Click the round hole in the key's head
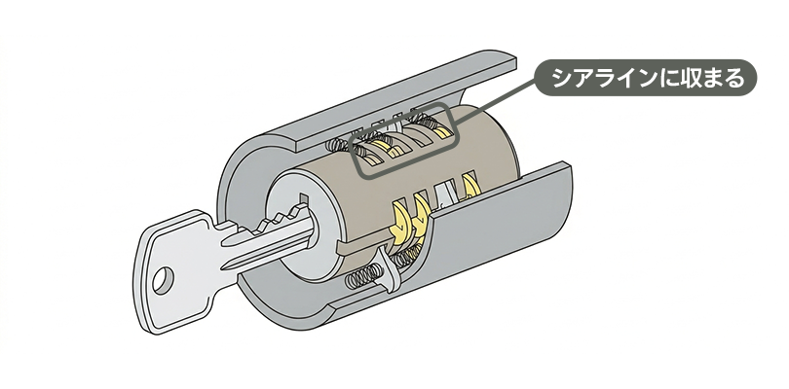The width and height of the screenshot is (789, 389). pos(163,280)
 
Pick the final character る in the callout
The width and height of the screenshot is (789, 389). pos(734,78)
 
